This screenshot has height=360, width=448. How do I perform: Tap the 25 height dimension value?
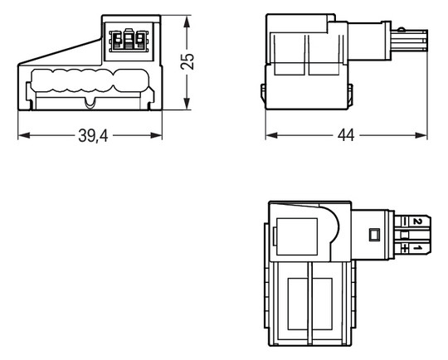(187, 61)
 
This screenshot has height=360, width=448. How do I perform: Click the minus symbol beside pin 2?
(404, 221)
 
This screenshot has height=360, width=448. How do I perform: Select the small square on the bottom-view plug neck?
(374, 235)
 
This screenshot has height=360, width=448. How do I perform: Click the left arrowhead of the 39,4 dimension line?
(21, 136)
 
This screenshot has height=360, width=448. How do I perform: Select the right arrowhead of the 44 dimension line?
(426, 136)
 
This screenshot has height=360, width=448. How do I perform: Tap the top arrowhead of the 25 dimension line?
(187, 17)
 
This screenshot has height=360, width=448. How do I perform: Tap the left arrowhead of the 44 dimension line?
(270, 136)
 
